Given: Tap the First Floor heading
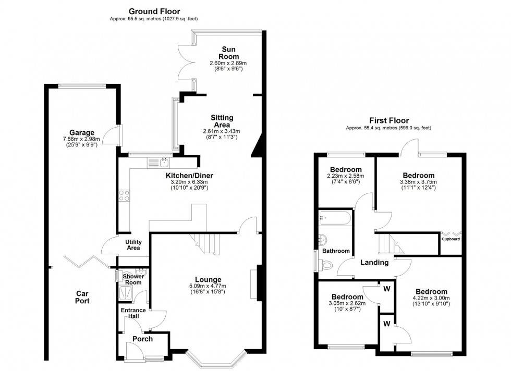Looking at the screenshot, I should (388, 120).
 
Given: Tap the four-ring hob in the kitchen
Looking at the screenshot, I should (125, 196).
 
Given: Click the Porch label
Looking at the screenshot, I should (142, 339).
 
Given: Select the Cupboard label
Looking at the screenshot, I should (451, 239).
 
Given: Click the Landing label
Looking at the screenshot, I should (374, 263).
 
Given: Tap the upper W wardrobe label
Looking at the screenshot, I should (386, 288).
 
